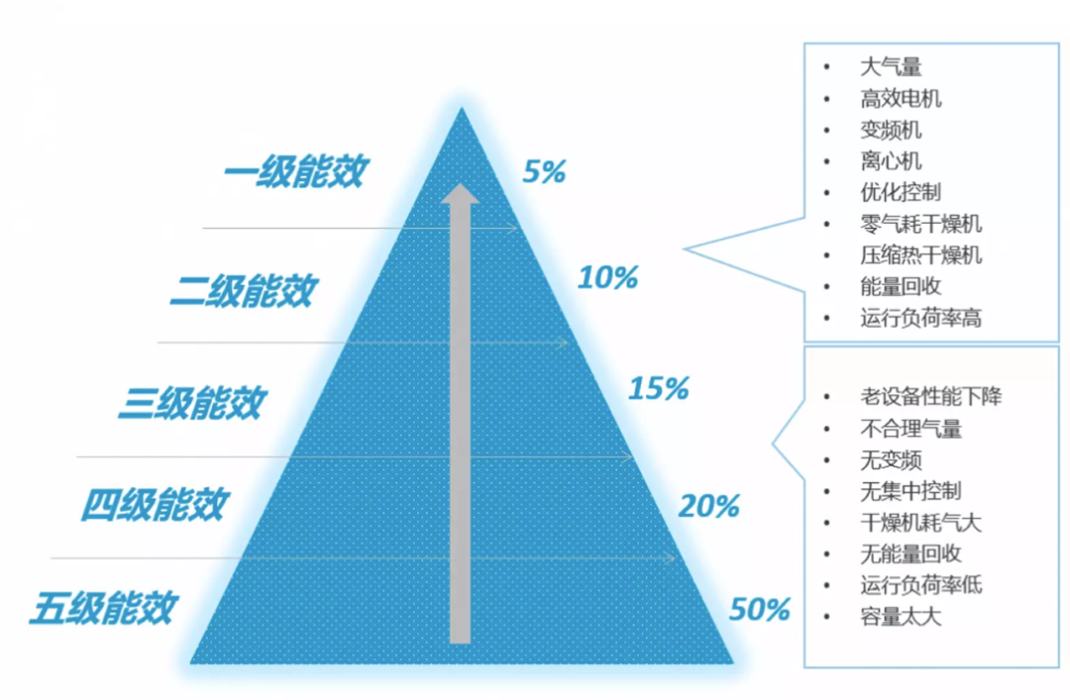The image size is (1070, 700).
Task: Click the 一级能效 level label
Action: tap(296, 171)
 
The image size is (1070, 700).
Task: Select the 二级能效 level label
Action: tap(243, 291)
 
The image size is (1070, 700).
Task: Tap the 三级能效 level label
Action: tap(192, 403)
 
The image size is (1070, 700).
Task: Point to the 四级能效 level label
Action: tap(155, 505)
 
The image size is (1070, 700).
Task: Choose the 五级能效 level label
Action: tap(104, 608)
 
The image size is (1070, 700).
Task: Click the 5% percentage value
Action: tap(544, 172)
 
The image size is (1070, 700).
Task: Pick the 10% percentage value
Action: tap(607, 277)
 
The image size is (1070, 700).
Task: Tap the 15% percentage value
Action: tap(659, 388)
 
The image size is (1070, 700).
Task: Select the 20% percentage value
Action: tap(709, 506)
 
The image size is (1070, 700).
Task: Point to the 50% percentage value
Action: tap(760, 609)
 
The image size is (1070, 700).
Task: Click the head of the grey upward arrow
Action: tap(460, 193)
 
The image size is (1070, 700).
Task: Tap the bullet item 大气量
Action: tap(891, 67)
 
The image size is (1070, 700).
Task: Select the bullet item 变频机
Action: tap(891, 130)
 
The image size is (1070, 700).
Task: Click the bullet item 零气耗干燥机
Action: tap(920, 224)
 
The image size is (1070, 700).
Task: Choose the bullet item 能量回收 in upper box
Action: tap(901, 286)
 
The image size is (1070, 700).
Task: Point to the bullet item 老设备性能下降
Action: tap(930, 396)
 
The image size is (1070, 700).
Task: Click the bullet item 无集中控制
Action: tap(910, 491)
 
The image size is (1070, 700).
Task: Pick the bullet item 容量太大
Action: tap(901, 617)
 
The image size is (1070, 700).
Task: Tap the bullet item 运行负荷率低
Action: tap(920, 585)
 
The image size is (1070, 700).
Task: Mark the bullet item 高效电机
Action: tap(901, 99)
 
